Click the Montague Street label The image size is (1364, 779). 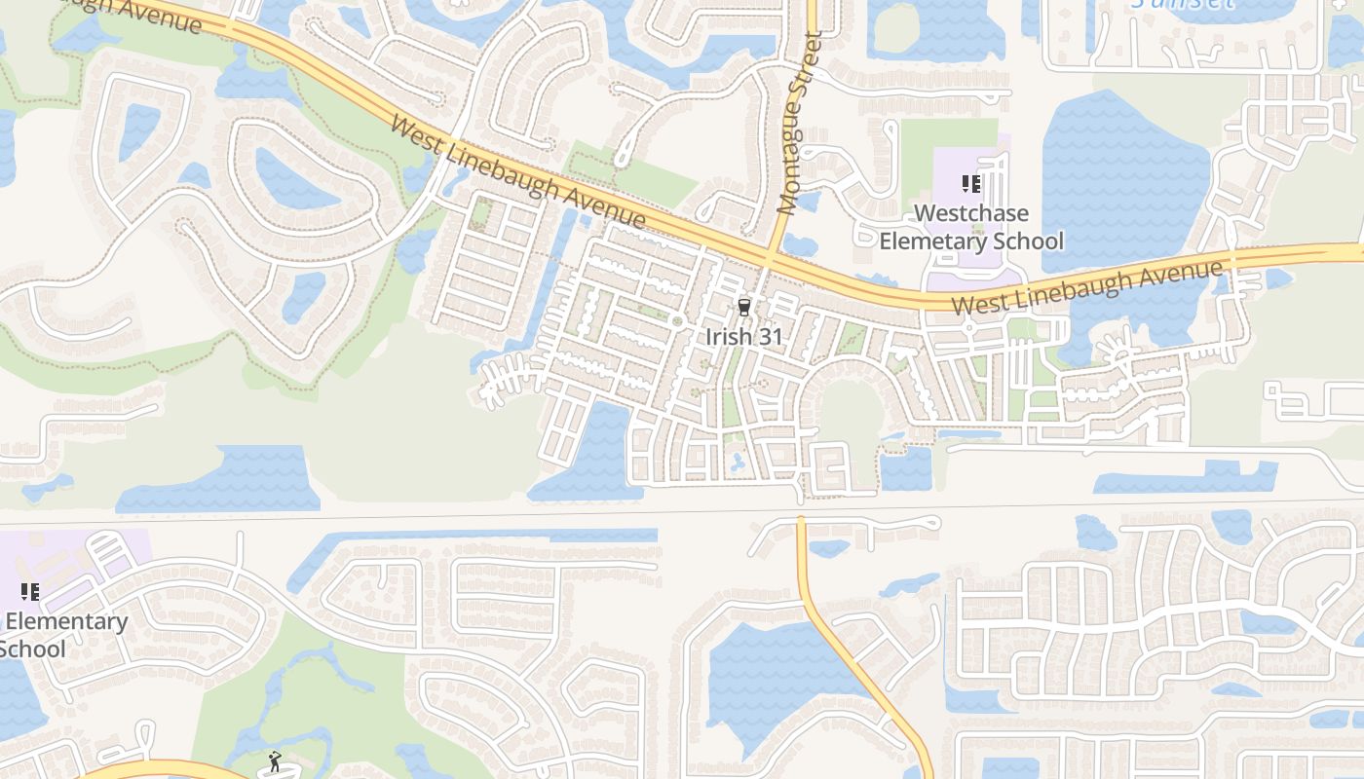[x=800, y=123]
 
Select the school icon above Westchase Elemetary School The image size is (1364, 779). [x=970, y=183]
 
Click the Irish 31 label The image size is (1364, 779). [x=744, y=336]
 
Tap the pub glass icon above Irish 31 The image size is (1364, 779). [x=744, y=308]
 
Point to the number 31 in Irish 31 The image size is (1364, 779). [x=770, y=336]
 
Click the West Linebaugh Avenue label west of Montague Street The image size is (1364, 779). [x=517, y=172]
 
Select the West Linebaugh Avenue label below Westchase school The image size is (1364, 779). [x=1086, y=287]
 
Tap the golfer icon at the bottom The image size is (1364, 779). [x=274, y=761]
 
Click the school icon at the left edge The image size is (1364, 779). [x=29, y=591]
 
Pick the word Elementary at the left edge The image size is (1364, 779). [x=66, y=621]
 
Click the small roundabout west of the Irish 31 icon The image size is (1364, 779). [x=676, y=321]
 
